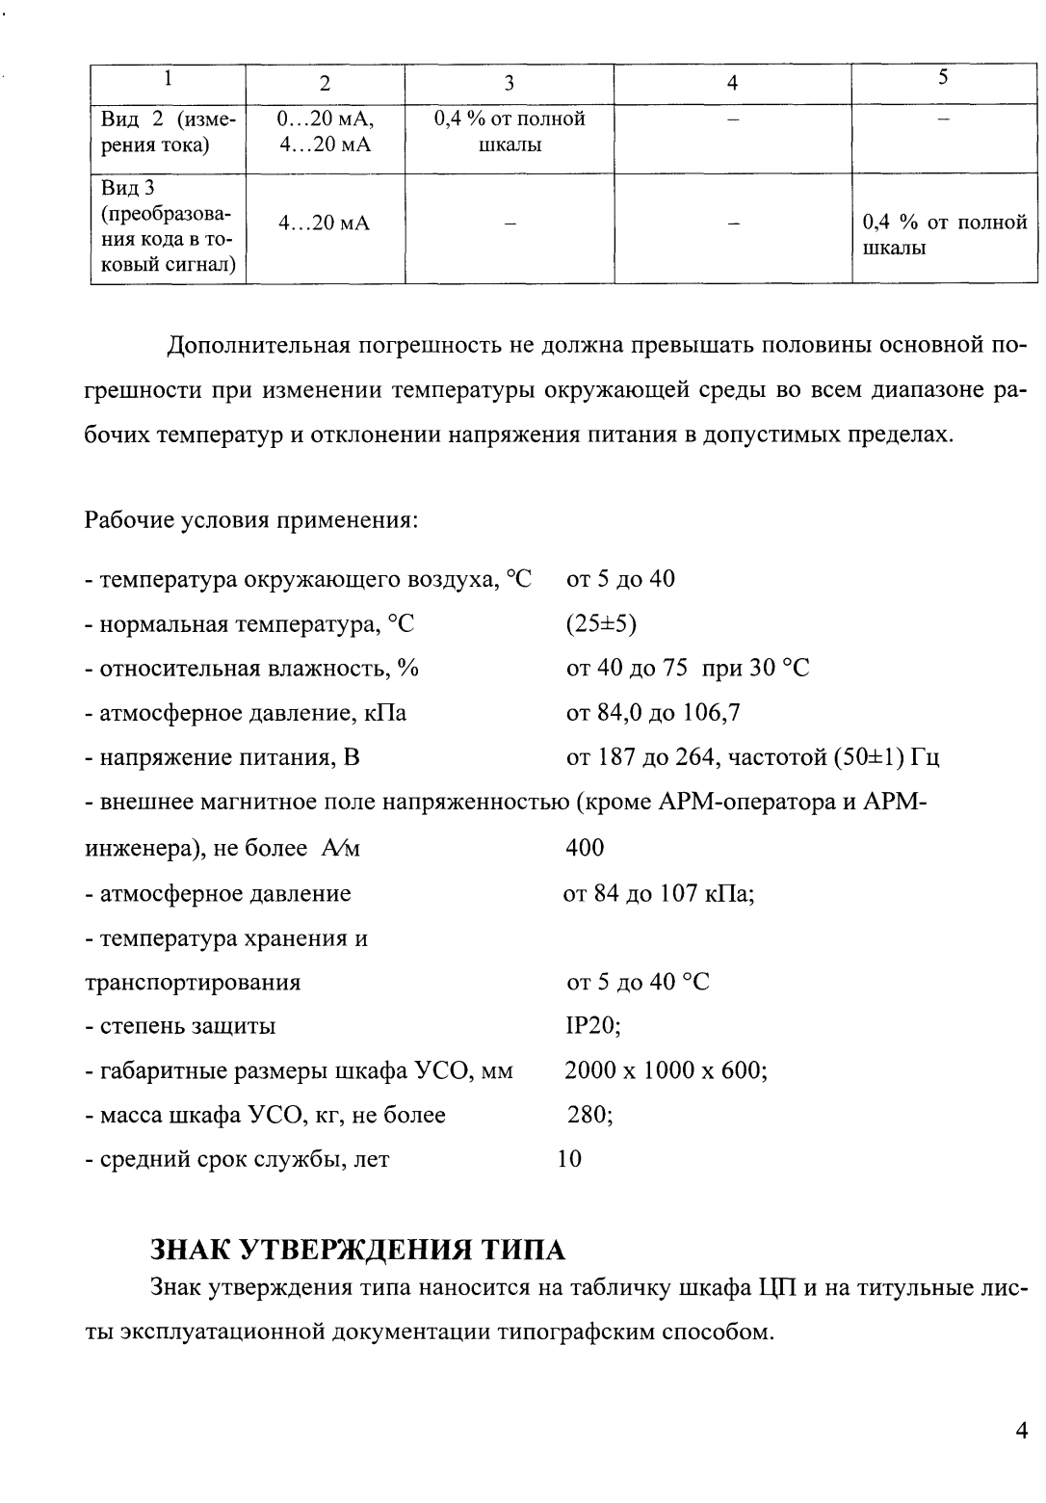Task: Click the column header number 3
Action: pos(510,83)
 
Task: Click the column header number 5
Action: pos(944,78)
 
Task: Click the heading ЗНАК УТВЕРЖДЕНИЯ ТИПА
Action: pos(358,1251)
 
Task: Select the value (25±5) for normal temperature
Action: pos(601,624)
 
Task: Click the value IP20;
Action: pos(592,1026)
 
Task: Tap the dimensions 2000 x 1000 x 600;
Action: pos(666,1070)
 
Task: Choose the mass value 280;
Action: pos(589,1115)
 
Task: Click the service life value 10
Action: pos(569,1159)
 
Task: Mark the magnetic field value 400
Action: pos(585,848)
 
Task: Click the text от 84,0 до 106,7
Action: pos(653,714)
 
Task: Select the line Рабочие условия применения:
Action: pos(251,521)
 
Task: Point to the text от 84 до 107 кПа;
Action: pos(659,893)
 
